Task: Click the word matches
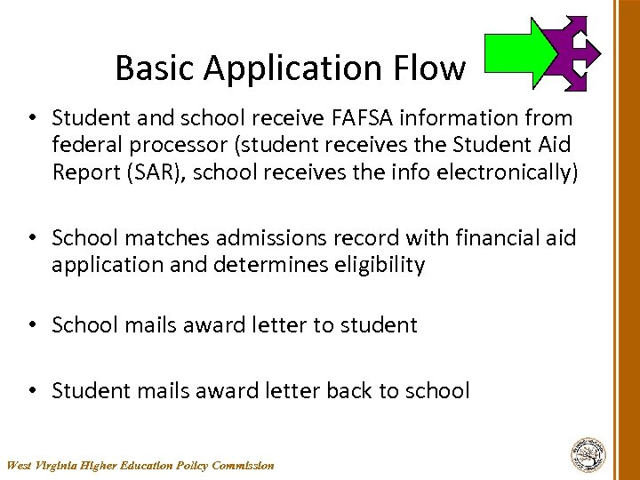(x=155, y=238)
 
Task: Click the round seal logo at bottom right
(x=588, y=453)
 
